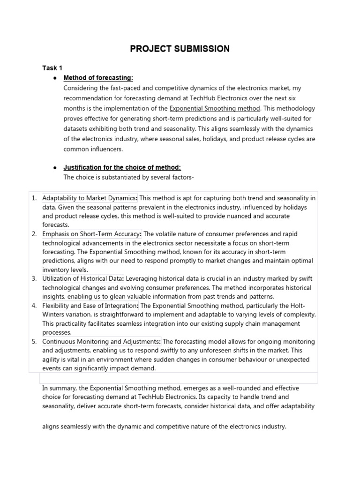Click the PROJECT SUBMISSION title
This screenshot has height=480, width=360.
tap(180, 49)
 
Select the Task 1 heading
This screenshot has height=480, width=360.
tap(52, 68)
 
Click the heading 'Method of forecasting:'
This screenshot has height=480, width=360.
tap(98, 78)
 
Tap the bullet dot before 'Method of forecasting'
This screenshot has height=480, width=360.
tap(55, 78)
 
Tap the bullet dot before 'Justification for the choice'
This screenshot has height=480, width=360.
tap(55, 167)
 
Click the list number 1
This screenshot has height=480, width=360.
tap(34, 198)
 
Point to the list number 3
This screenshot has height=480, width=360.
tap(34, 279)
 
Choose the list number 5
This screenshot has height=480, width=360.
tap(34, 342)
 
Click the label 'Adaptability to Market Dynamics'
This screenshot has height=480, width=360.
tap(90, 198)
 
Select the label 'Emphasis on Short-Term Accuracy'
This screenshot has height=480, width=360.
tap(91, 234)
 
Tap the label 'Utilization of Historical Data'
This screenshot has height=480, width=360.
tap(83, 279)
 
